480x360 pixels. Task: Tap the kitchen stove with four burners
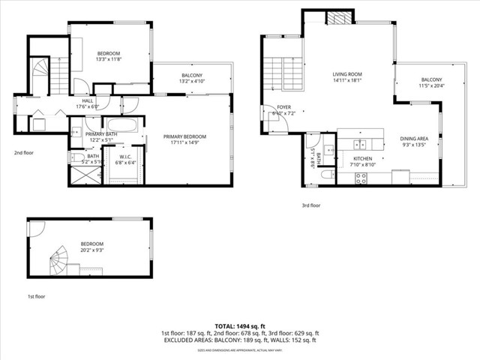point(361,178)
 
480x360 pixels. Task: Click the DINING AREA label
point(413,139)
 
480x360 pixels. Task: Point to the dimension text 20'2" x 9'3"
point(91,250)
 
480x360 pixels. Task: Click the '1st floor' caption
point(37,297)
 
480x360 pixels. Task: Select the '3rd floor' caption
point(310,205)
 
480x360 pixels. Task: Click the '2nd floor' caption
point(24,152)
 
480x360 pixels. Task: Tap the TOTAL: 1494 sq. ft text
point(240,326)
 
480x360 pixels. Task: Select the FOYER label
point(283,107)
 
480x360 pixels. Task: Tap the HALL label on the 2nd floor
point(88,100)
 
